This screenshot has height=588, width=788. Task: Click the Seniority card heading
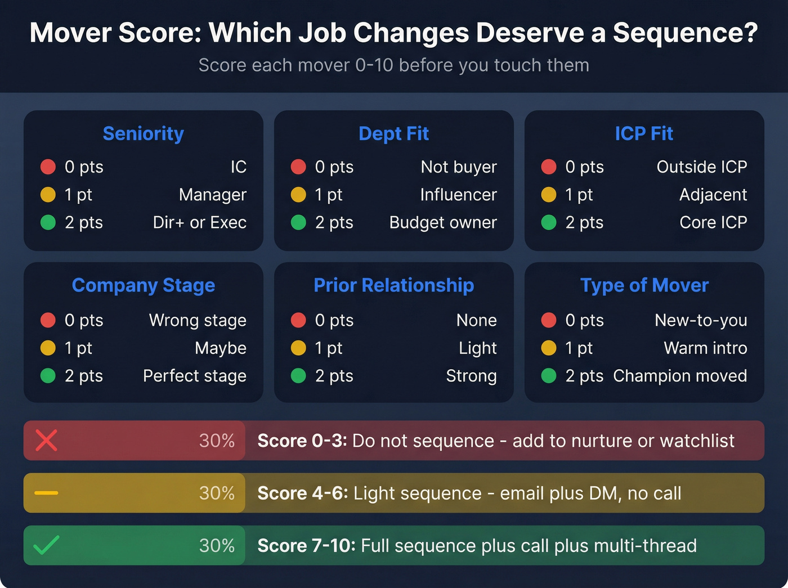pos(143,134)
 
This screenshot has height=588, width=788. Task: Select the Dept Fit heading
pos(393,134)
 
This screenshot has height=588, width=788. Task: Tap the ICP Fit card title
pos(644,134)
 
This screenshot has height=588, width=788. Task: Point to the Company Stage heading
pos(143,286)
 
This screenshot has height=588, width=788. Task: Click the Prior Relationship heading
pos(393,285)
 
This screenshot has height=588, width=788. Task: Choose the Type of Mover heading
pos(644,285)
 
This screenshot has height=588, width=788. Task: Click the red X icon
pos(46,441)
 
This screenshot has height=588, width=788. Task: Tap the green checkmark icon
pos(46,545)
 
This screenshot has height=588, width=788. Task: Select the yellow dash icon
pos(46,493)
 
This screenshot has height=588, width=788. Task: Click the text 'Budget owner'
pos(443,223)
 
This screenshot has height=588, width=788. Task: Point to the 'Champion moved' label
pos(680,376)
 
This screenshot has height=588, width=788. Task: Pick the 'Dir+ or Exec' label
pos(199,223)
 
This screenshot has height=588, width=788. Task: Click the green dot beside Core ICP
pos(549,223)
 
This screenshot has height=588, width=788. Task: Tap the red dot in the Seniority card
pos(48,167)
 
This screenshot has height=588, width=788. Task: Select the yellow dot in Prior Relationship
pos(298,348)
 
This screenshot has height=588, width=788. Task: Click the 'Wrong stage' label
pos(198,321)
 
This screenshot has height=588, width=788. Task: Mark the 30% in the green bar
pos(217,545)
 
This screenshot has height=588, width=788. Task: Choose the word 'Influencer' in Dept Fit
pos(458,195)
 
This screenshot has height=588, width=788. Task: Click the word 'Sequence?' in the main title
pos(685,33)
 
